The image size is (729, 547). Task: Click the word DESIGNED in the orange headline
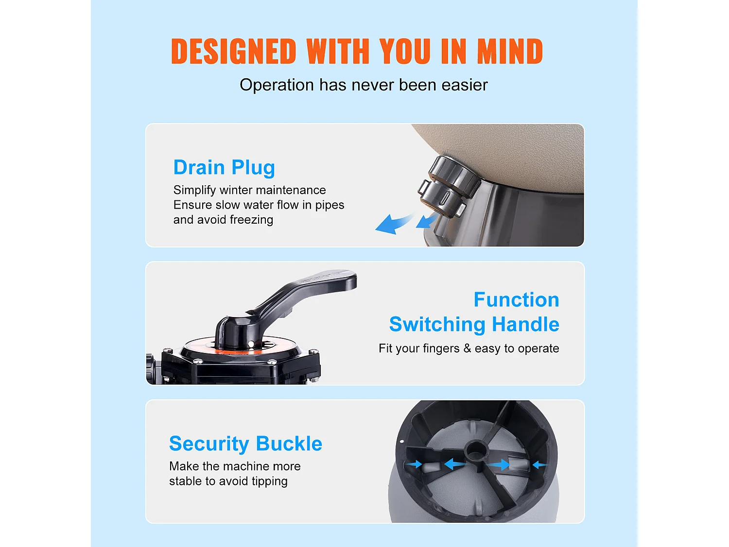[233, 51]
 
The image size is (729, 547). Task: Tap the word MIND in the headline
[510, 51]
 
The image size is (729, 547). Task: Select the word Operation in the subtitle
[277, 86]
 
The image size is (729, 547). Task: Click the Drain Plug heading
[224, 167]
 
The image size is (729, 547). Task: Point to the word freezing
[251, 220]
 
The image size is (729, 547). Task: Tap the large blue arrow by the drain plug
[394, 224]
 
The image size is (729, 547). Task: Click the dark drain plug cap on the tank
[449, 187]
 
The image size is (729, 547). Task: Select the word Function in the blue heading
[517, 300]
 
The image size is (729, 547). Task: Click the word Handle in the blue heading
[525, 324]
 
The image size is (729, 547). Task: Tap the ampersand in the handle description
[468, 349]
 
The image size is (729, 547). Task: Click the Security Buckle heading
[246, 443]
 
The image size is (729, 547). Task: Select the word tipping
[269, 481]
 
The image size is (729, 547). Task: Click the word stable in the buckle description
[186, 481]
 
